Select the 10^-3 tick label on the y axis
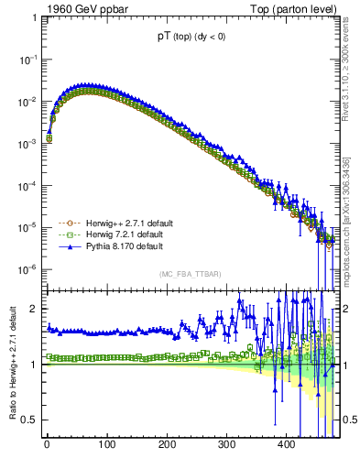click(27, 143)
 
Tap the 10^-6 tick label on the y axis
click(27, 269)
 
